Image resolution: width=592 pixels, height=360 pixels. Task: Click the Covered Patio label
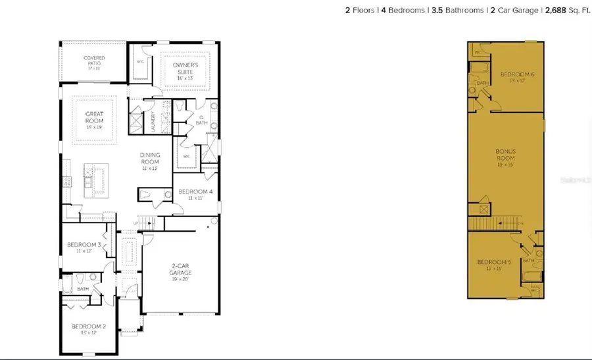94,60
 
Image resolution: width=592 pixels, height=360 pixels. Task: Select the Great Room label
95,117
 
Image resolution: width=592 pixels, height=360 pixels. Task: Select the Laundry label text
152,122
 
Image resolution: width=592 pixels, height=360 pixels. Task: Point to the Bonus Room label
505,155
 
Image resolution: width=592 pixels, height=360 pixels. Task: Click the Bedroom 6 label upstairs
516,77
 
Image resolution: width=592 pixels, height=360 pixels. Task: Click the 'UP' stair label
136,222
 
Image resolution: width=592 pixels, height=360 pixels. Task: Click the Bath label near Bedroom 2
83,288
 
